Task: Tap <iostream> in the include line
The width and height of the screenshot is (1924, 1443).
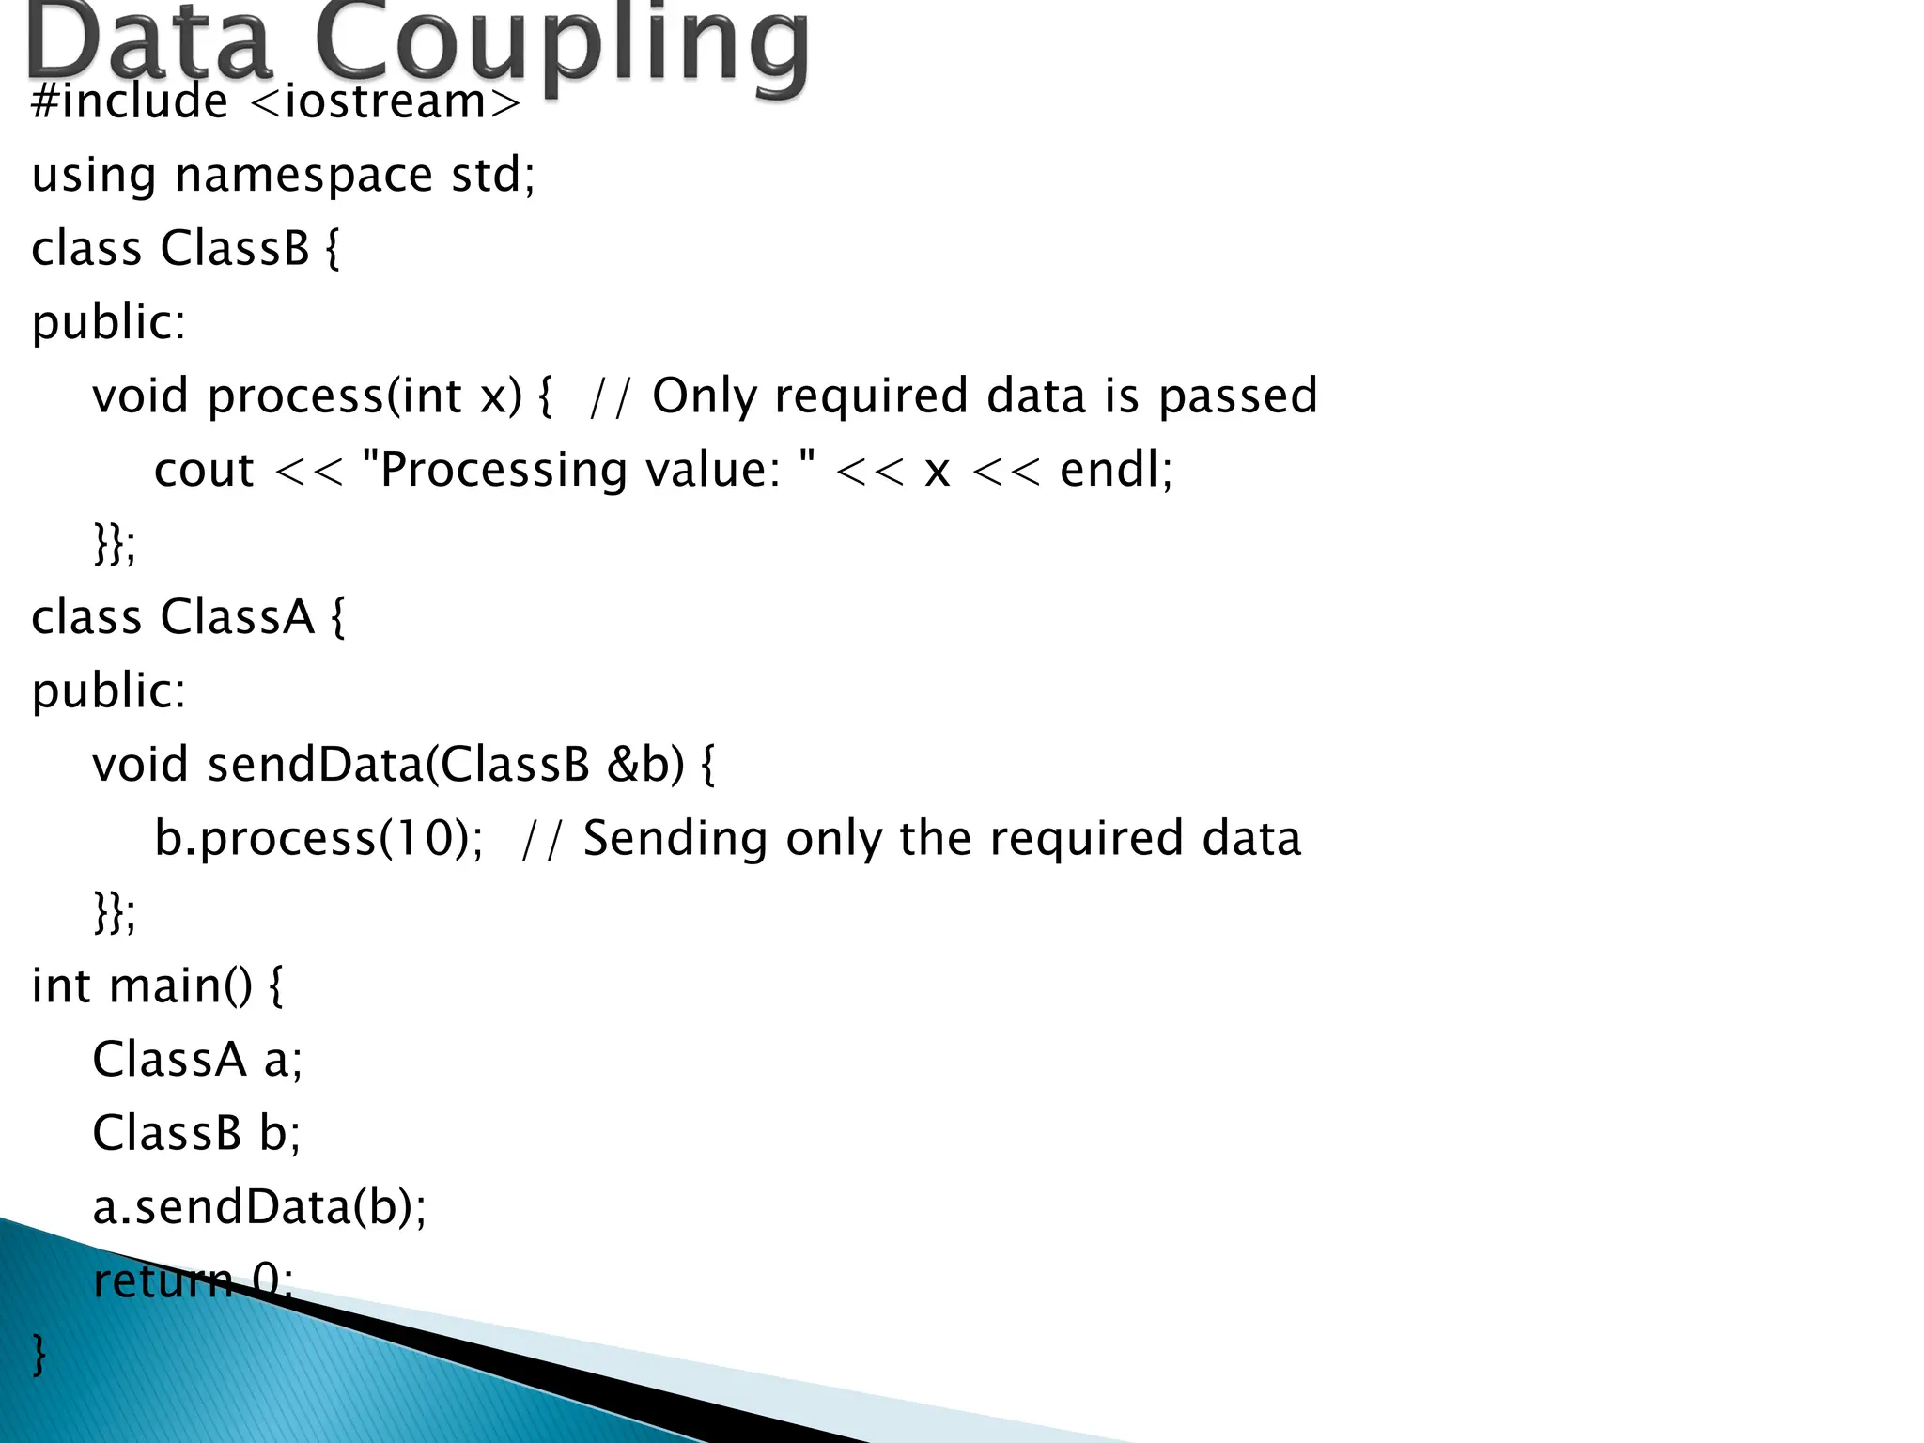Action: [386, 101]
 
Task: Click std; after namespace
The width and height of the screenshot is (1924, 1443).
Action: [493, 176]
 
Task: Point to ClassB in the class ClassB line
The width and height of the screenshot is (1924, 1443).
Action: [235, 249]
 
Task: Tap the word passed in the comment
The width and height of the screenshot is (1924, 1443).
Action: [1237, 396]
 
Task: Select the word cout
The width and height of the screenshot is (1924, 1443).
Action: [204, 470]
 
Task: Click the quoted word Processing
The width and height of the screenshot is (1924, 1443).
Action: [494, 470]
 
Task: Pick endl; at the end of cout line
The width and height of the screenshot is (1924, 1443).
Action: [1116, 470]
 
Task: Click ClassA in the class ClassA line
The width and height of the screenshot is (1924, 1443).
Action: [237, 618]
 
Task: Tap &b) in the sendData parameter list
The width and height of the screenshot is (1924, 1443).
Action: [645, 765]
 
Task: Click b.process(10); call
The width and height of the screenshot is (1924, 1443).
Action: [318, 838]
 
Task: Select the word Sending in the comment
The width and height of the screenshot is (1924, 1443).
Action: [675, 838]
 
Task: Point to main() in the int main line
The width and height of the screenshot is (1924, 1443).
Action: [180, 986]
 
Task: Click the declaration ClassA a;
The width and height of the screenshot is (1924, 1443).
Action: [197, 1060]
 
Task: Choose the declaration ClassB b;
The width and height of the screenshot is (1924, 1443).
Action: [196, 1133]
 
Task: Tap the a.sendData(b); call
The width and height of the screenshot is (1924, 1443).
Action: [259, 1207]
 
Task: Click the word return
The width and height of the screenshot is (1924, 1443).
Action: [163, 1280]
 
